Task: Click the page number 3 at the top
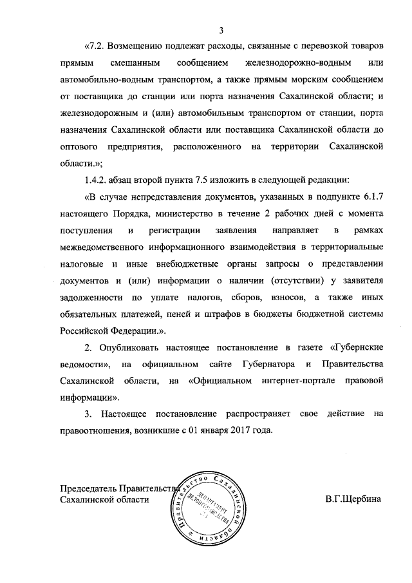221,30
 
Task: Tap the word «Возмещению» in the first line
138,46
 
